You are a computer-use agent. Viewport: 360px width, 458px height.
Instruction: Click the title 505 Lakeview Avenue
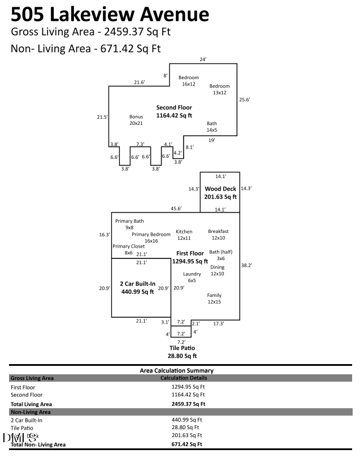tap(110, 14)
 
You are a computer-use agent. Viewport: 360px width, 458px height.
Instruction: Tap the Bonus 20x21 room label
tap(136, 119)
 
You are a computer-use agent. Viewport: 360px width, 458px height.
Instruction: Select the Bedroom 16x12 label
tap(188, 81)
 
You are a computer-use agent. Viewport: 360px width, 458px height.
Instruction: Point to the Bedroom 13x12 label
tap(219, 89)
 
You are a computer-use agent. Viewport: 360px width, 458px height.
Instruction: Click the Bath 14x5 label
tap(211, 127)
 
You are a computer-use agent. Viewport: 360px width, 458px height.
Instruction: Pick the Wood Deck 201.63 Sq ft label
tap(220, 193)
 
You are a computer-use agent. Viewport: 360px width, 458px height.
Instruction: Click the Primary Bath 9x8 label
tap(129, 224)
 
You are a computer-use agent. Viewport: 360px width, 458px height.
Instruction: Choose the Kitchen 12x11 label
tap(184, 235)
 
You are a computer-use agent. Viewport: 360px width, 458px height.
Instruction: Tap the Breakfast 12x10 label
tap(218, 235)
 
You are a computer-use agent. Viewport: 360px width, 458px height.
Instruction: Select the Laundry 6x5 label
tap(192, 277)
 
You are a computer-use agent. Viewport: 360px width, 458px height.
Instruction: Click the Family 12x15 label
tap(214, 299)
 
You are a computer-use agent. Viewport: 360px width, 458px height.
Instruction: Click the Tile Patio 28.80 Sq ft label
tap(183, 352)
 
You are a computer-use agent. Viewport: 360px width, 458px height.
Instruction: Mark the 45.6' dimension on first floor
tap(176, 209)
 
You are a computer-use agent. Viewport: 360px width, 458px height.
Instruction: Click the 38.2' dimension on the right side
tap(246, 265)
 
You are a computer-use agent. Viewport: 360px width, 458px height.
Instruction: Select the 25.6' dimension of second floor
tap(244, 100)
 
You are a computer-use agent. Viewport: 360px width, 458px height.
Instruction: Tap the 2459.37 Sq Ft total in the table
tap(188, 404)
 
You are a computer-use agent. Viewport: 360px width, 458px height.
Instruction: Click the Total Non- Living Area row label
tap(38, 445)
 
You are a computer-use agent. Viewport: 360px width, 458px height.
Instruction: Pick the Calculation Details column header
tap(184, 378)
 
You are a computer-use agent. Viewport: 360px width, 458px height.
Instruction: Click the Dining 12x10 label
tap(218, 270)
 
